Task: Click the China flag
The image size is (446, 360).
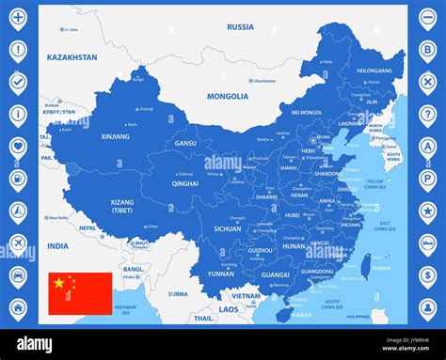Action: click(x=80, y=293)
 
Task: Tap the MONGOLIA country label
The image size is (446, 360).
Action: click(x=228, y=96)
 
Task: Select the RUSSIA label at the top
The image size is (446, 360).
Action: click(x=240, y=27)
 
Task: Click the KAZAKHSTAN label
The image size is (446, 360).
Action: click(x=72, y=57)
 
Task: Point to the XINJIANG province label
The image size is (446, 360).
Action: click(x=116, y=136)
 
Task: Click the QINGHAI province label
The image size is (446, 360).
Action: click(x=185, y=183)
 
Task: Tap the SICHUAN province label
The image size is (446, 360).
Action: click(x=227, y=228)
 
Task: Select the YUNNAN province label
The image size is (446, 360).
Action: click(x=221, y=274)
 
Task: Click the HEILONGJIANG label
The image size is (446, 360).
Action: click(x=374, y=70)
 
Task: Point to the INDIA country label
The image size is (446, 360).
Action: click(x=58, y=246)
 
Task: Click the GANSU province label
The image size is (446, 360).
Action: click(x=185, y=144)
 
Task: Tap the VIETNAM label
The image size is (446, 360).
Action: click(x=247, y=295)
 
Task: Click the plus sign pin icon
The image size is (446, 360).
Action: click(x=18, y=18)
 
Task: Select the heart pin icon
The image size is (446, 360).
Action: click(x=18, y=147)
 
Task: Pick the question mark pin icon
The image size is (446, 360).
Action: click(x=427, y=115)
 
